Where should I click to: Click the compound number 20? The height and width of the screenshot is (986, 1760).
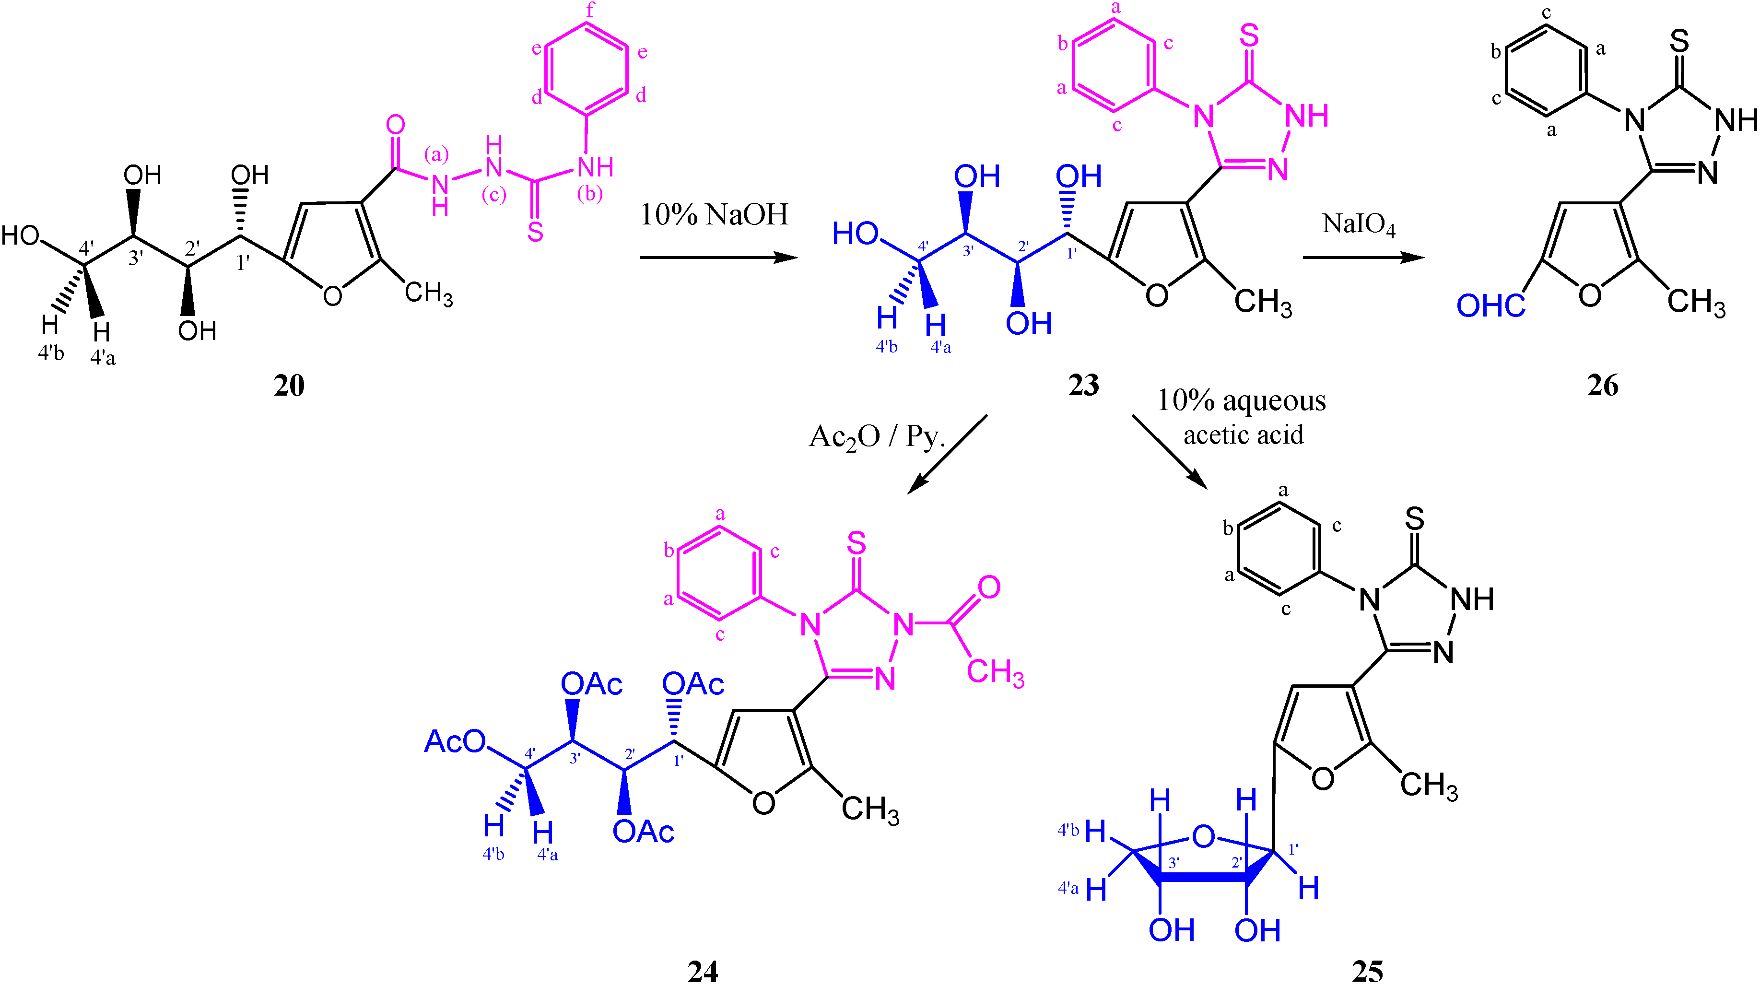pos(289,386)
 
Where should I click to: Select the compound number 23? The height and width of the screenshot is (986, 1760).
pos(1084,386)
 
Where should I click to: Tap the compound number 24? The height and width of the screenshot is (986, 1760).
pos(703,971)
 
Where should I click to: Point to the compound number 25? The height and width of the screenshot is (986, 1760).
pos(1367,971)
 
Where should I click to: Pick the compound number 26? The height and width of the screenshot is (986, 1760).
pos(1602,386)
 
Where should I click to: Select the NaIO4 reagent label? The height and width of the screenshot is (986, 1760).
pos(1358,224)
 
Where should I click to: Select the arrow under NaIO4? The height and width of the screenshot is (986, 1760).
pos(1363,258)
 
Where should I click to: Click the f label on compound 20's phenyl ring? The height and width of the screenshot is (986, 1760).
pos(590,9)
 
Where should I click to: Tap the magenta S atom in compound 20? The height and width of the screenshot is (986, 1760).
pos(535,232)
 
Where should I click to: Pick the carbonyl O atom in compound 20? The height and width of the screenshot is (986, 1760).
pos(395,125)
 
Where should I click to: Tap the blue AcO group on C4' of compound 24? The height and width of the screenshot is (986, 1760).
pos(454,741)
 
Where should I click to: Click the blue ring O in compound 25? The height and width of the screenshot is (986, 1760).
pos(1203,836)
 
